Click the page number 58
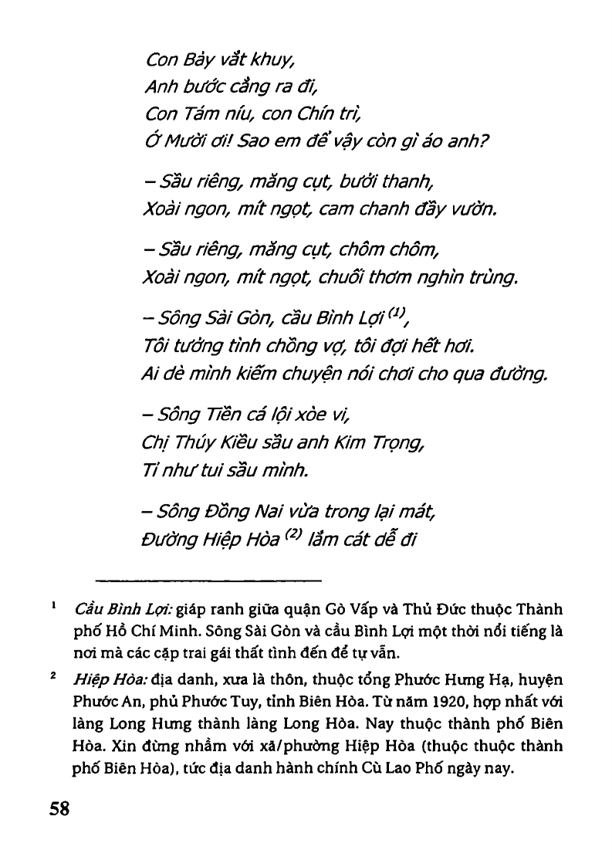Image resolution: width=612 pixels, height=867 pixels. pos(59,809)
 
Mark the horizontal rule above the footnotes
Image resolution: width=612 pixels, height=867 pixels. pos(208,579)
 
